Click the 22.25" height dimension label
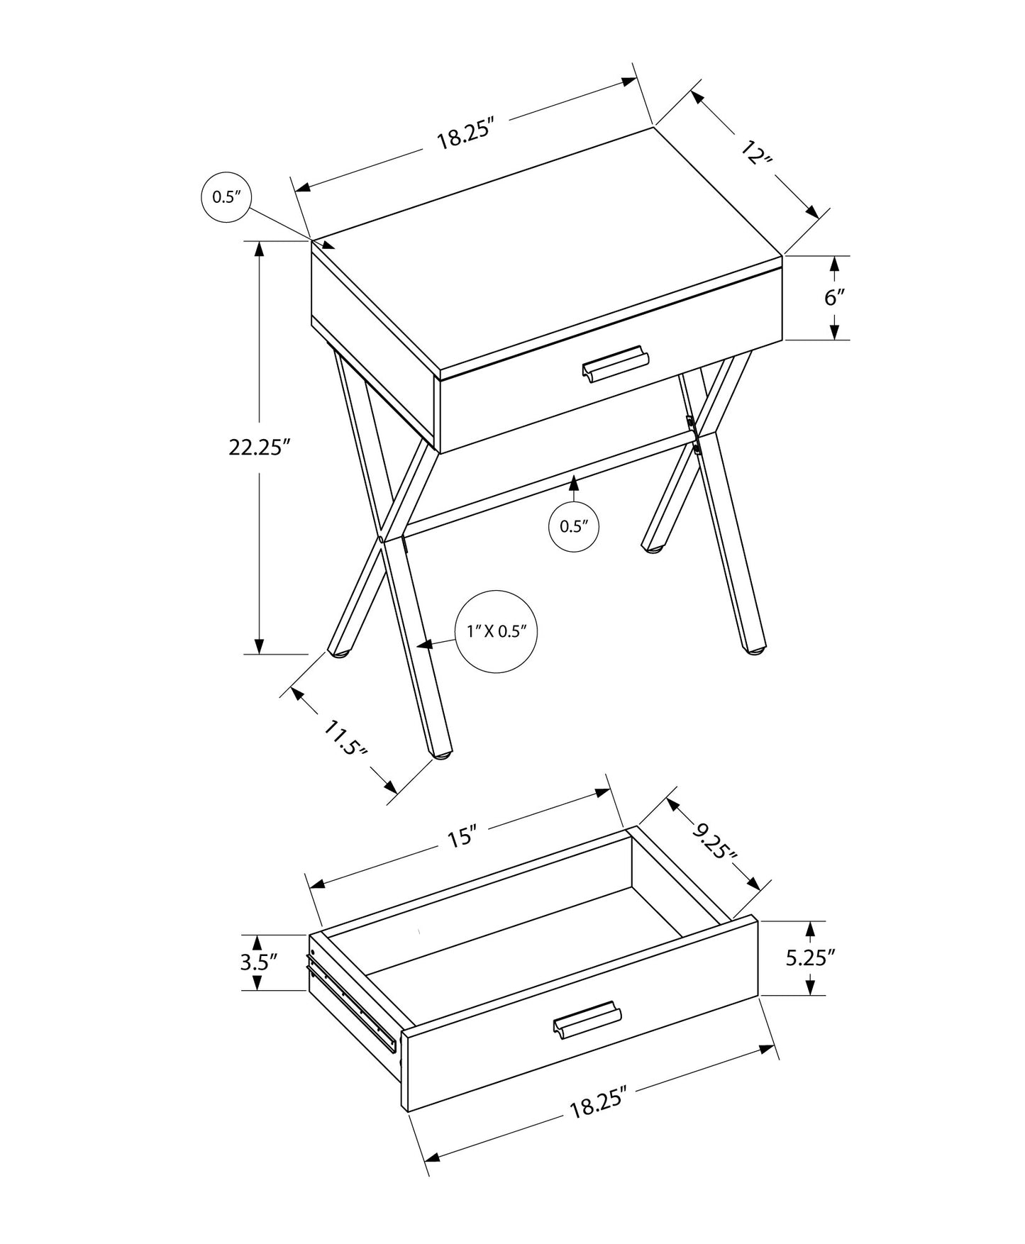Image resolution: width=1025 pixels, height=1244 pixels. tap(260, 448)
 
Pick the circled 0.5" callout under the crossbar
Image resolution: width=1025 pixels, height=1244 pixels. tap(574, 526)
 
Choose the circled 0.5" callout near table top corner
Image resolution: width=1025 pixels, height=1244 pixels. tap(227, 196)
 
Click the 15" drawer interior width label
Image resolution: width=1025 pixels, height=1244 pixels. tap(460, 837)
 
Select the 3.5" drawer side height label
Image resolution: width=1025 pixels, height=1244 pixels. tap(258, 962)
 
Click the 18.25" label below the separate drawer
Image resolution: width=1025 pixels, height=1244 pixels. tap(599, 1104)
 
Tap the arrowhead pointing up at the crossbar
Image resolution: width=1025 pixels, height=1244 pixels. tap(573, 484)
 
